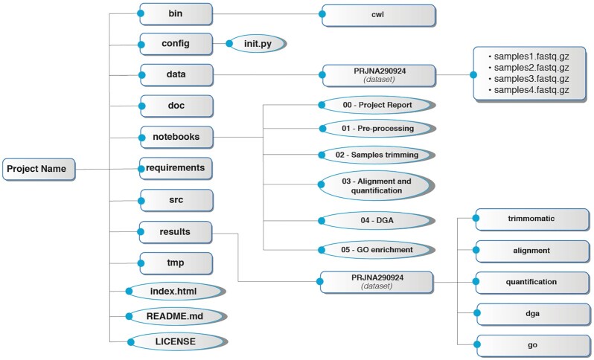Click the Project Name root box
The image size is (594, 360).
point(40,170)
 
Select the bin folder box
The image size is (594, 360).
point(176,13)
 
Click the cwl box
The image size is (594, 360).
point(377,14)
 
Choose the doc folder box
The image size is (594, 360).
point(176,106)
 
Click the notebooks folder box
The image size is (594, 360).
point(176,137)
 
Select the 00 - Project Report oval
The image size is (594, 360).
point(377,106)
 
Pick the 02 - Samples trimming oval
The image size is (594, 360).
point(377,155)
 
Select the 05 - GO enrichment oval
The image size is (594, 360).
point(377,248)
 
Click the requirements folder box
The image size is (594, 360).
point(176,168)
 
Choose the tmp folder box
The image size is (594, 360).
point(176,263)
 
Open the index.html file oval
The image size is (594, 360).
point(176,291)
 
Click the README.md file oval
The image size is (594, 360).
point(176,315)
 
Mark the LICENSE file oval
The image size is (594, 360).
point(176,341)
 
